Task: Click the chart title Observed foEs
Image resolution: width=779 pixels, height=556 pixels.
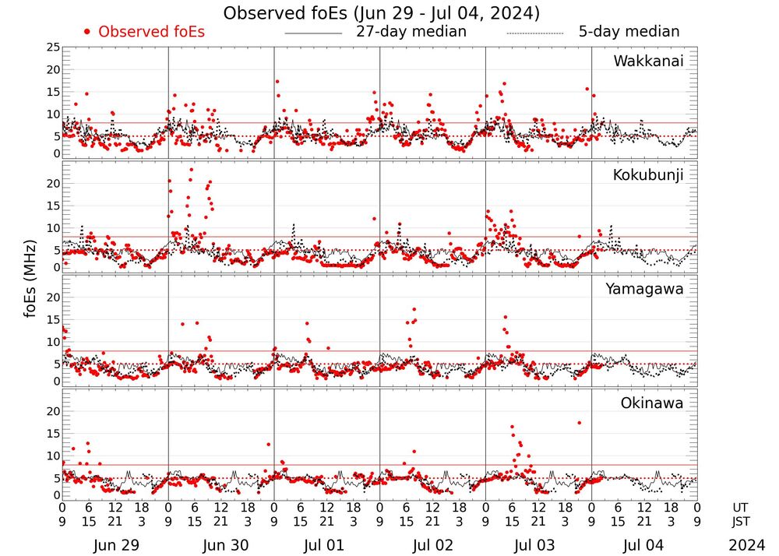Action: pyautogui.click(x=381, y=13)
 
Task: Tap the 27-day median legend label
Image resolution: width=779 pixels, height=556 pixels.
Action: pyautogui.click(x=411, y=32)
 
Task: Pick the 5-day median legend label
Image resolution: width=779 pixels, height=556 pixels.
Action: pyautogui.click(x=629, y=32)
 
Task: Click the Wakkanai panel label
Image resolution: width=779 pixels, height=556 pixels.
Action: pyautogui.click(x=648, y=62)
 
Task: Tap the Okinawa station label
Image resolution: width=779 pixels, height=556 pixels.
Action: pyautogui.click(x=651, y=403)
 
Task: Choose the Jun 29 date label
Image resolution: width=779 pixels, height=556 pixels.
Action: pyautogui.click(x=115, y=546)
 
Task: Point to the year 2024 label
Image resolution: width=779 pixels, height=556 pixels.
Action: pyautogui.click(x=747, y=546)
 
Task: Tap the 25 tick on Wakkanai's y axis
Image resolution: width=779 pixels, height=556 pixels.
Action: pyautogui.click(x=53, y=48)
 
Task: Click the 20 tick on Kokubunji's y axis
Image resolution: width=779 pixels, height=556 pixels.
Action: pyautogui.click(x=53, y=184)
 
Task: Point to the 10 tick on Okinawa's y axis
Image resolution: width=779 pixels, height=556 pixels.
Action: pyautogui.click(x=53, y=456)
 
